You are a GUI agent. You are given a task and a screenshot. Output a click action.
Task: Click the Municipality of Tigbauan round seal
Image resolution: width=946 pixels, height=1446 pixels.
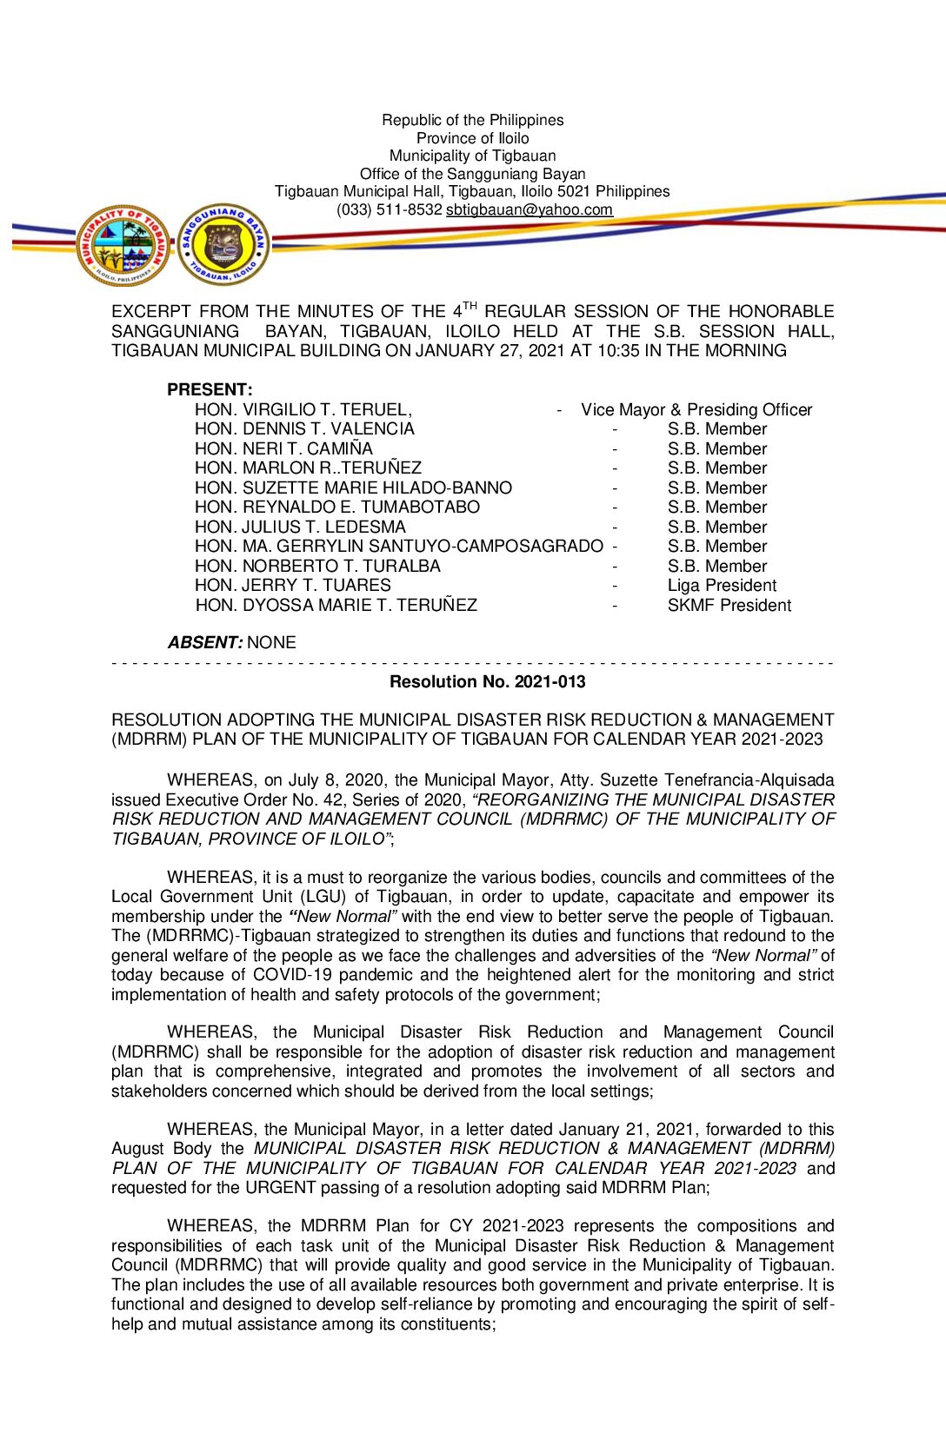tap(123, 246)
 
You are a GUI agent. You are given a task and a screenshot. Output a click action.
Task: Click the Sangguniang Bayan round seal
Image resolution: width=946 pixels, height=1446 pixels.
tap(223, 246)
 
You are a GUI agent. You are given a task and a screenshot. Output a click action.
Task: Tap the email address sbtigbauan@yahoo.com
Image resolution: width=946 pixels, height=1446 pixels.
tap(529, 209)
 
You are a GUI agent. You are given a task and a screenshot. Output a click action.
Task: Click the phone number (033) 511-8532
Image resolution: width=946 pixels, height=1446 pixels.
tap(390, 209)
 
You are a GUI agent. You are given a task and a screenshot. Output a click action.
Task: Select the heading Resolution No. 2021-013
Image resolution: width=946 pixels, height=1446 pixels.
tap(487, 682)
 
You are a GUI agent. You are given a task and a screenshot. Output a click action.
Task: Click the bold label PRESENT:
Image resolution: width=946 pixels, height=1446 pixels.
tap(210, 389)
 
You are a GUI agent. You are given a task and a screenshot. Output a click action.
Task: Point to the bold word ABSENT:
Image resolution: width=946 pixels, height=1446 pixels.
tap(204, 643)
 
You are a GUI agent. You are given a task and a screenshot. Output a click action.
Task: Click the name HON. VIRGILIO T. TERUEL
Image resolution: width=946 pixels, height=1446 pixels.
tap(303, 409)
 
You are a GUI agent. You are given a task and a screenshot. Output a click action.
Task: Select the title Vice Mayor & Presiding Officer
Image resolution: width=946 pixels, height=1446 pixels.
tap(696, 409)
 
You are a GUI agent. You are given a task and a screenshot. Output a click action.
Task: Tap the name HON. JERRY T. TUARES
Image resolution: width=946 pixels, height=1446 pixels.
tap(293, 586)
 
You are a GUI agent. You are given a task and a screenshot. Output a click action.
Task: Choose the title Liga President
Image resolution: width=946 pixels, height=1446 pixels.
tap(722, 586)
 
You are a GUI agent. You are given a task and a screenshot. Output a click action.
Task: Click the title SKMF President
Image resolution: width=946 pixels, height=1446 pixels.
tap(729, 606)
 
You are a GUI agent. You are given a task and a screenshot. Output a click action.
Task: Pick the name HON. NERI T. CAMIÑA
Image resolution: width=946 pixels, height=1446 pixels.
tap(283, 448)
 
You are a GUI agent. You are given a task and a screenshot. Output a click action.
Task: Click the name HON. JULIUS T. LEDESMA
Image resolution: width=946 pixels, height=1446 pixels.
tap(300, 527)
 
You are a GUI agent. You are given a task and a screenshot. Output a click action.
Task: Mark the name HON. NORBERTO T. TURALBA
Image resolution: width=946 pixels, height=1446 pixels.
tap(317, 566)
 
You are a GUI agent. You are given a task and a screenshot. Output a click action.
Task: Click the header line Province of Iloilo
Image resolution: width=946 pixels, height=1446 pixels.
tap(472, 138)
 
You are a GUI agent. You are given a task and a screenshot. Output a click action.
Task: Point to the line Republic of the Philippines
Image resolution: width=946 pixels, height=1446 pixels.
tap(472, 120)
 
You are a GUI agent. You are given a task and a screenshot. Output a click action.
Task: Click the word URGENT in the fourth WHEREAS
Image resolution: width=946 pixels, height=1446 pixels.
tap(280, 1188)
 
